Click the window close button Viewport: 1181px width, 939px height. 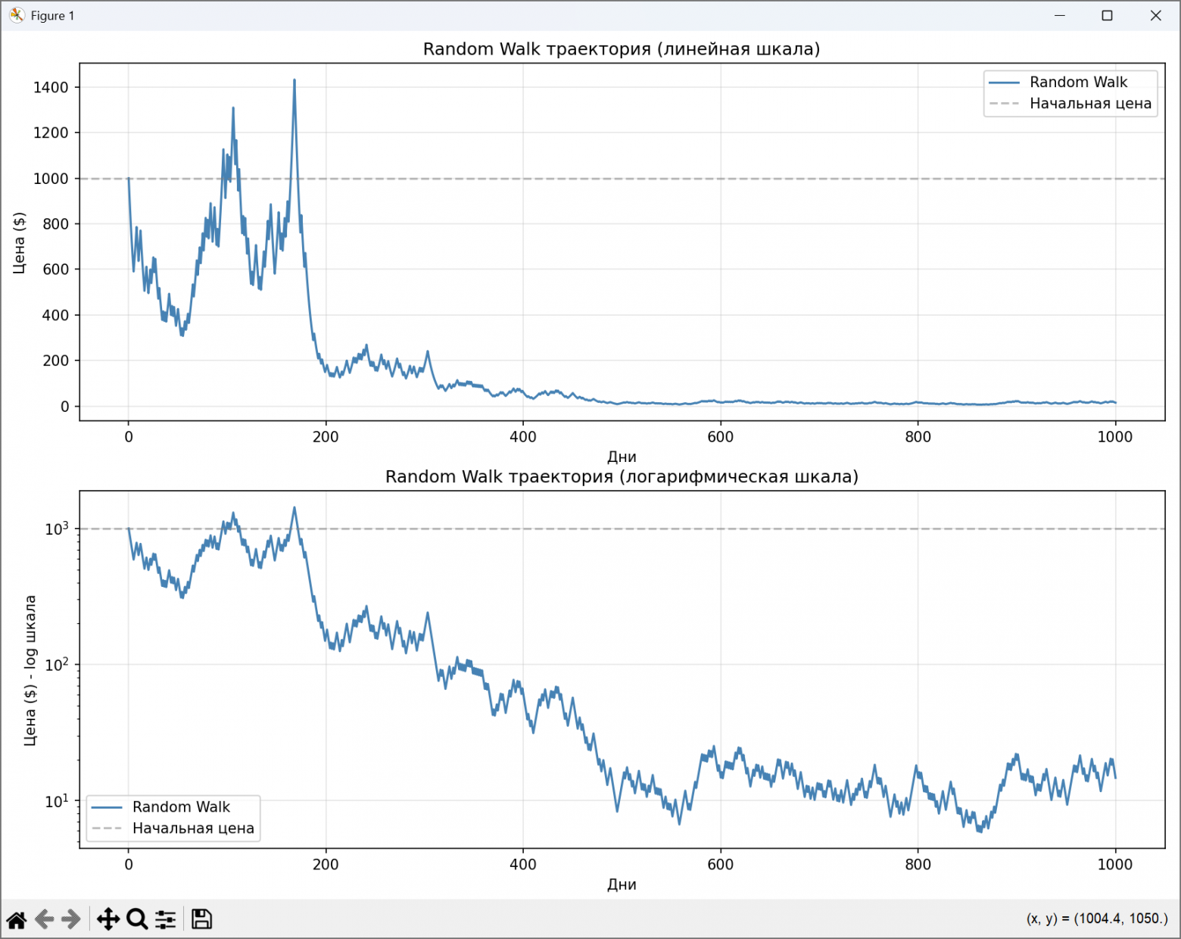[1155, 16]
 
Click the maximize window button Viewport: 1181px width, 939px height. [1107, 16]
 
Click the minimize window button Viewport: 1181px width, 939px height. [1060, 16]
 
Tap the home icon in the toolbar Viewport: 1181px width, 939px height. [17, 919]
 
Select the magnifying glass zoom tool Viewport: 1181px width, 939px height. [137, 919]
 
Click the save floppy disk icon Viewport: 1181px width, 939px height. [201, 919]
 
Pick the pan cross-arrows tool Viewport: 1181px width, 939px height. [108, 919]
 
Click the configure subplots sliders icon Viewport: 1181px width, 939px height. [166, 919]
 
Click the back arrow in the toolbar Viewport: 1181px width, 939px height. [45, 919]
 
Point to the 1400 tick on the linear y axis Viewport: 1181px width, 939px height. [51, 87]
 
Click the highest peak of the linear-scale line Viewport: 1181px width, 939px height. [294, 80]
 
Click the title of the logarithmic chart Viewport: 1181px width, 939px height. [622, 477]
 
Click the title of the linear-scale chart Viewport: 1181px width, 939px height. [622, 49]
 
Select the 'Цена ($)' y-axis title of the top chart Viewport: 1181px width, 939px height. [19, 242]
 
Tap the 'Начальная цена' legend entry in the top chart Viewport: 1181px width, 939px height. [1090, 104]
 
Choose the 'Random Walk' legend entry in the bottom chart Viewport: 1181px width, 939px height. [181, 807]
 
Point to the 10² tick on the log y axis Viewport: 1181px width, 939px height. [57, 665]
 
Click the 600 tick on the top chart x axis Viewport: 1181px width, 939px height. [720, 437]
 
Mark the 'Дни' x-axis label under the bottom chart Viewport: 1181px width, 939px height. [622, 884]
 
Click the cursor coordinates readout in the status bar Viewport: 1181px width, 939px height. [1097, 919]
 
